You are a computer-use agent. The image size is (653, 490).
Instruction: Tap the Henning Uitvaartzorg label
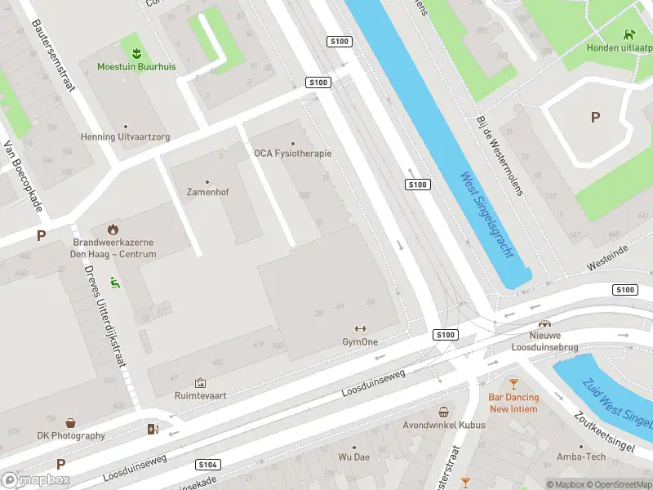125,137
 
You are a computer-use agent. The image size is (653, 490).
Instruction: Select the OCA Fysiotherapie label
292,153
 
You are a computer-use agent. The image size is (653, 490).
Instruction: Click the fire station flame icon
113,229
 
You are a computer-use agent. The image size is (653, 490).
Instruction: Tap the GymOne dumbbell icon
360,329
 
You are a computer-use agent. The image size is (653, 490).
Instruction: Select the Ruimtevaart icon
200,382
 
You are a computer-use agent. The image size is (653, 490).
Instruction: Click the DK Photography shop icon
71,423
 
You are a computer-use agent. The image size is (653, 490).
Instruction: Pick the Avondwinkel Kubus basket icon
443,412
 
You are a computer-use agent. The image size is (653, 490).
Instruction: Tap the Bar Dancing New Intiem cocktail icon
513,383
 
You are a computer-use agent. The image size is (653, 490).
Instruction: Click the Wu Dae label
353,457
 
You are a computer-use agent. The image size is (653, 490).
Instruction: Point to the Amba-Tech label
581,457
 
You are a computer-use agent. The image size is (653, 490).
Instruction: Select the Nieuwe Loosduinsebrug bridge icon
544,323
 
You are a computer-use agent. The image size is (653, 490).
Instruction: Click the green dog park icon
629,34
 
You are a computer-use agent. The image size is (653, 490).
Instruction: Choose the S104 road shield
208,465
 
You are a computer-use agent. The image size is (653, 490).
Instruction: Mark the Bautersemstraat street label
53,55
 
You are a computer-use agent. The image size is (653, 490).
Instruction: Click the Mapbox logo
36,479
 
